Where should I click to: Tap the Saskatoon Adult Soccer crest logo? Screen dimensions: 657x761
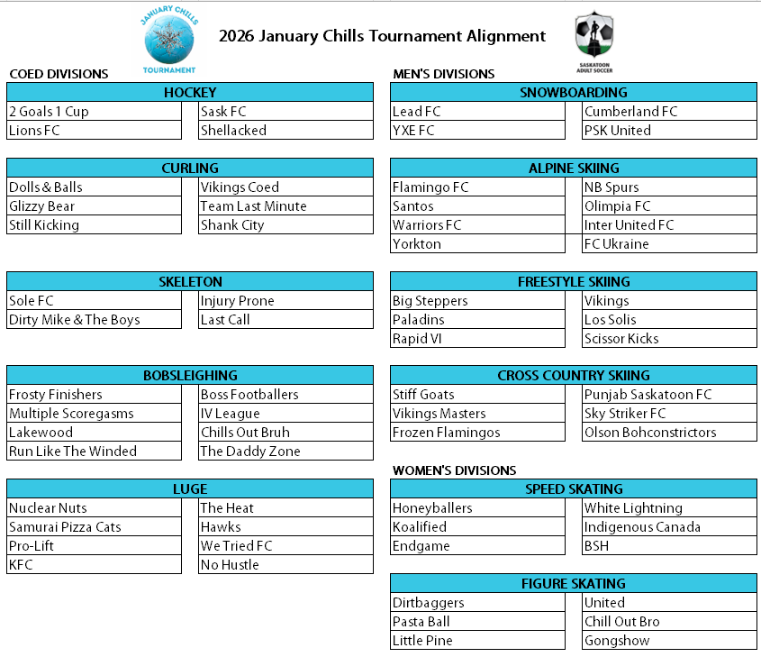click(593, 39)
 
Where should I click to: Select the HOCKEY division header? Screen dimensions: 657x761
click(190, 93)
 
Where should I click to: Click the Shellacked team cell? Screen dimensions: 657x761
click(285, 131)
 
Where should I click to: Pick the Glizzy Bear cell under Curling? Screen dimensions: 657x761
click(95, 206)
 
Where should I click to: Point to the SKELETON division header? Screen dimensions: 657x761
click(190, 282)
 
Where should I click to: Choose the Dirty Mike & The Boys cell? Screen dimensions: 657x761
click(95, 320)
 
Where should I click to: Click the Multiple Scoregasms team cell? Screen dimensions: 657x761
click(95, 414)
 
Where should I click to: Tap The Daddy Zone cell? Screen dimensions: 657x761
click(285, 452)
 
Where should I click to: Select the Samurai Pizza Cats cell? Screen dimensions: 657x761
click(95, 527)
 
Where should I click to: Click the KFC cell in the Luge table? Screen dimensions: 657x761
click(95, 565)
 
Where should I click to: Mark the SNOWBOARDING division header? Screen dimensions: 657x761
click(574, 93)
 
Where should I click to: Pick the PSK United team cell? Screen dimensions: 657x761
click(669, 131)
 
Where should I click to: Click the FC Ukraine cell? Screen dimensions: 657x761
click(669, 244)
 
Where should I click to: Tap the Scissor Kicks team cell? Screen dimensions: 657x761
click(669, 339)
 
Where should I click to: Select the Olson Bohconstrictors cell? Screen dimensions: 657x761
click(669, 433)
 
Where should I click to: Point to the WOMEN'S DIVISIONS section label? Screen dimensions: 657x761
click(455, 470)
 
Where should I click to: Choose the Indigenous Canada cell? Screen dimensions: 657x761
click(669, 527)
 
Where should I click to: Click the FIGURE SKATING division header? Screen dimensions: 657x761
click(574, 584)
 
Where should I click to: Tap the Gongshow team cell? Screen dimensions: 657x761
click(669, 641)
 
